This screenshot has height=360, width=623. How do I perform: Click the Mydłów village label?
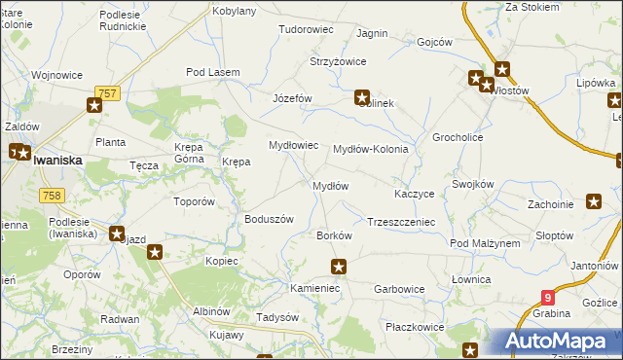pos(330,186)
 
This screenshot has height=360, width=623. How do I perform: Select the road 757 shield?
pos(107,91)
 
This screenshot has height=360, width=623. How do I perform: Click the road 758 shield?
pos(53,196)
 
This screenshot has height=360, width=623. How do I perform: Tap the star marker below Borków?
pos(339,267)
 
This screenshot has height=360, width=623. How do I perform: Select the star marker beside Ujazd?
pos(155,253)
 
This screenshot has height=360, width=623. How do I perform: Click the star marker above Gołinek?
pos(362,97)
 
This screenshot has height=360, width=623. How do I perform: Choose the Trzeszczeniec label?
pos(400,222)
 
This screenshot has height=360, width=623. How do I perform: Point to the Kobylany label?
pos(234,11)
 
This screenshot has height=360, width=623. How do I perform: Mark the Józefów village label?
pos(292,99)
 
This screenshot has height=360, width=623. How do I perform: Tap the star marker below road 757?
pos(93,106)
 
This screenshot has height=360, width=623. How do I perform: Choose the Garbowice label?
pos(399,289)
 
